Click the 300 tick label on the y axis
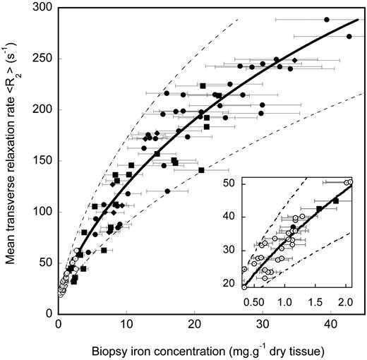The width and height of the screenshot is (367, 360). coord(44,8)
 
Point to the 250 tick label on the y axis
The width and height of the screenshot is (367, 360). coord(44,59)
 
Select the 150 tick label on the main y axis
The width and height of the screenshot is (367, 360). coord(44,161)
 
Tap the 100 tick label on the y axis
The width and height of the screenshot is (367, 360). coord(44,212)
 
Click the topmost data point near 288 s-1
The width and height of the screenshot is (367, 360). coord(326,20)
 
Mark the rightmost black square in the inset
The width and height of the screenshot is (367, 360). coord(335,201)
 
